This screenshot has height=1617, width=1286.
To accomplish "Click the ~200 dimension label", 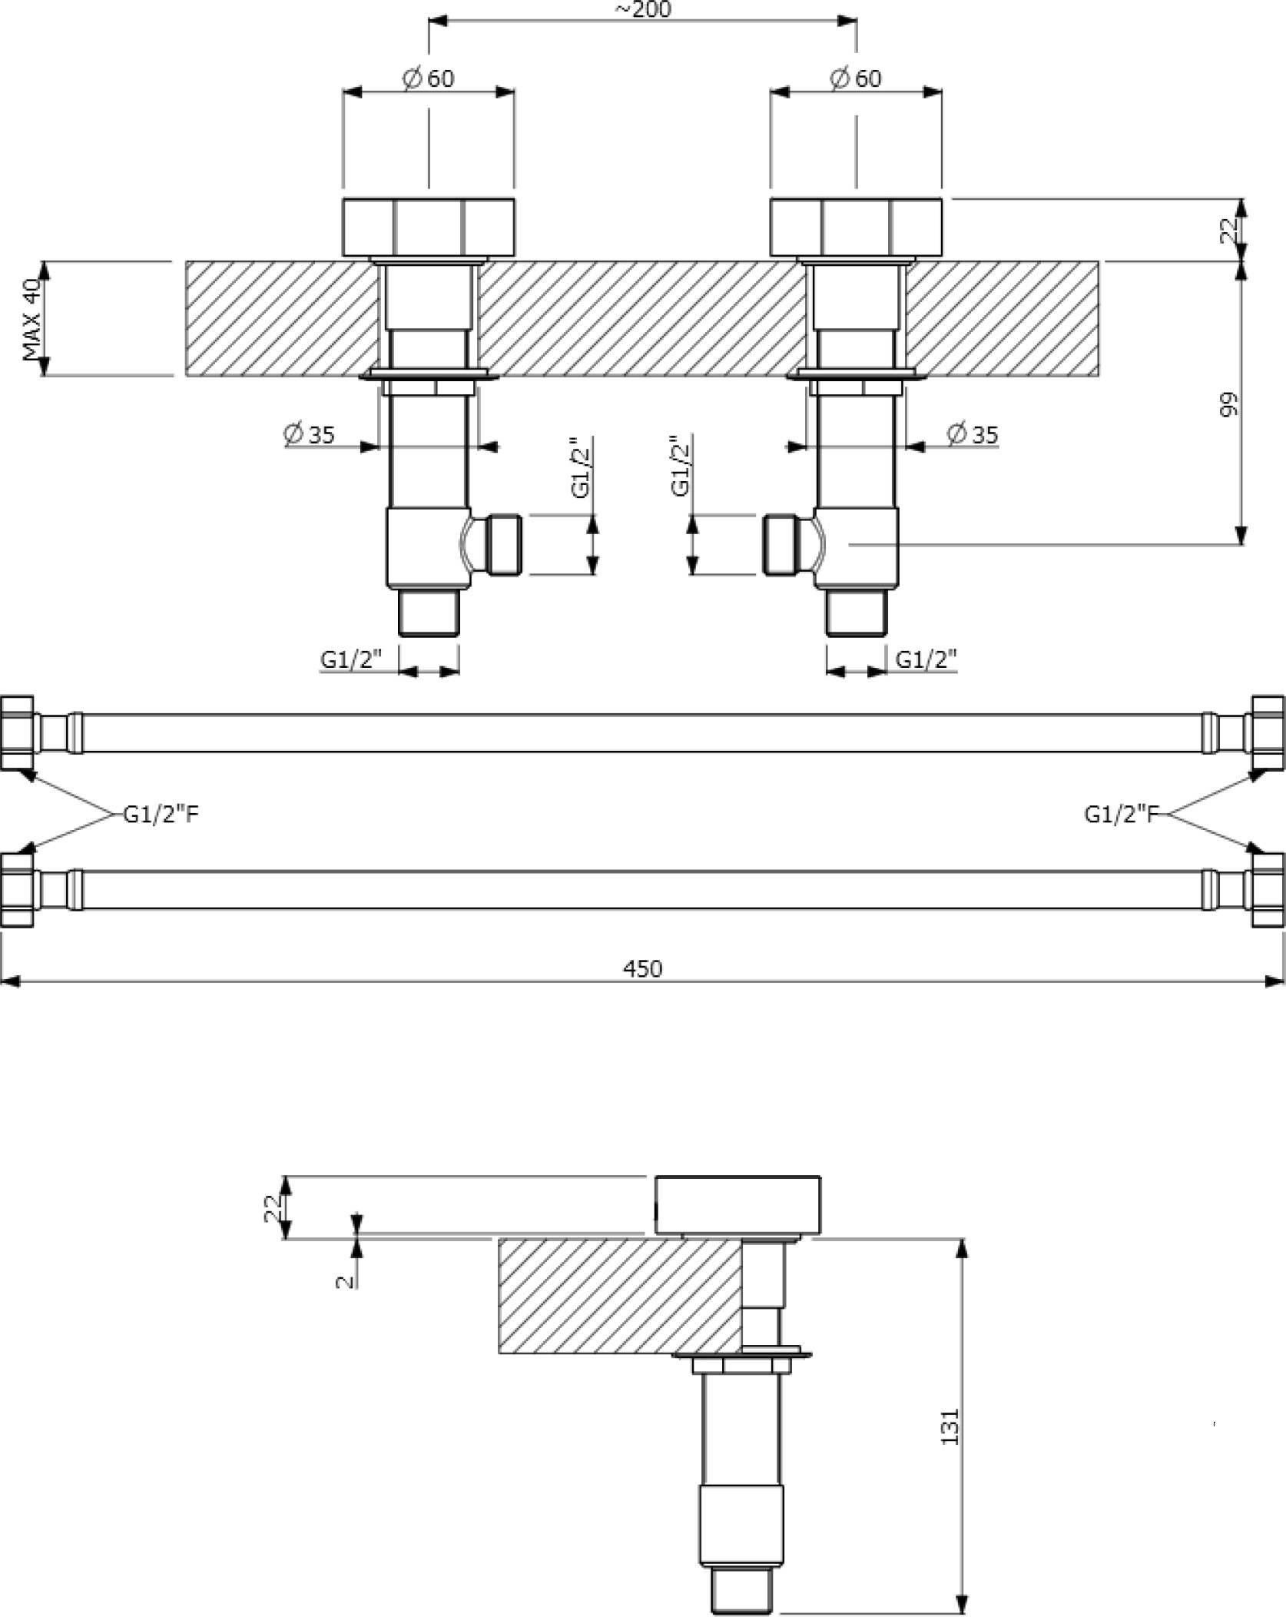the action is click(x=642, y=9).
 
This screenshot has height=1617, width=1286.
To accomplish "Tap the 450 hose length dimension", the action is click(x=642, y=968).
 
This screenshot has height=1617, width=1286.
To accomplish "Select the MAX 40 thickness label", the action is click(x=31, y=320).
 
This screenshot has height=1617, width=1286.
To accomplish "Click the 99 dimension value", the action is click(x=1229, y=405).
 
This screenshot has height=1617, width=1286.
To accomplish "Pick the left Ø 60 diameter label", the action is click(x=428, y=78).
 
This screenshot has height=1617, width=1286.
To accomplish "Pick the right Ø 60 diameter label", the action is click(x=856, y=78).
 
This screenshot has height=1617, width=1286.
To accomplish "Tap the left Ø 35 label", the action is click(x=310, y=434).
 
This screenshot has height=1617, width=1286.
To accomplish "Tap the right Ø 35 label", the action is click(x=973, y=434).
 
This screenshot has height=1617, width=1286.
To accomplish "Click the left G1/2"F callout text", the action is click(x=161, y=815).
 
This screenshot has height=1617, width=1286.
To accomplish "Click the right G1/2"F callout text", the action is click(x=1121, y=815).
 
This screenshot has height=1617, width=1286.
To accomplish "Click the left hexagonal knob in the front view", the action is click(x=429, y=227).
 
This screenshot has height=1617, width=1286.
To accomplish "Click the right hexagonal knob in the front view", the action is click(x=857, y=227).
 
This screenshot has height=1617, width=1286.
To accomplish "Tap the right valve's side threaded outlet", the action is click(x=790, y=545).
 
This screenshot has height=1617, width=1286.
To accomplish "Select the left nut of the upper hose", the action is click(x=17, y=733).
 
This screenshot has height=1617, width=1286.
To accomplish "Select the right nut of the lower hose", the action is click(x=1268, y=890).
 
